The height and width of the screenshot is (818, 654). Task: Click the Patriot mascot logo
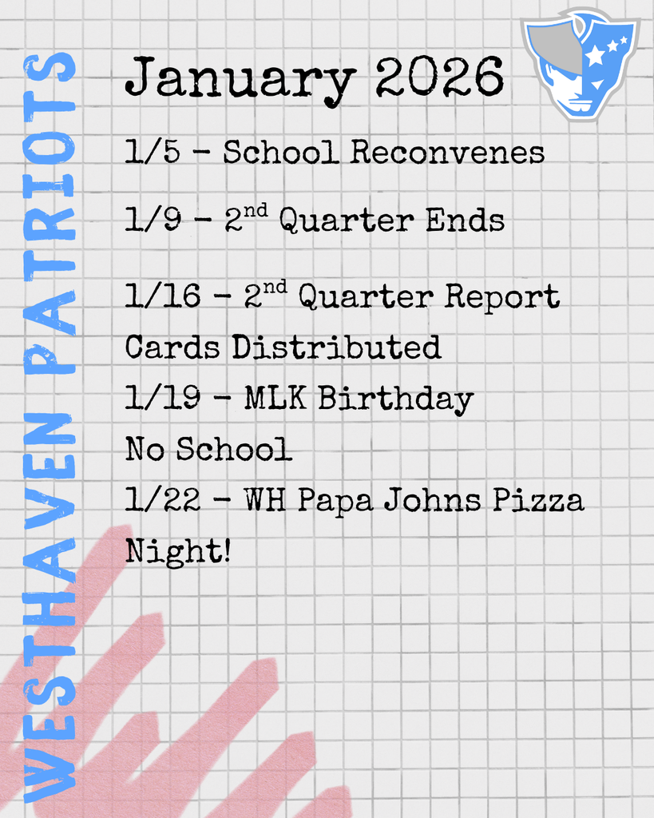click(x=581, y=64)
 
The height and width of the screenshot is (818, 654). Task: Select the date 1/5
click(x=148, y=152)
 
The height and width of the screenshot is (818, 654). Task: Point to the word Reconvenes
click(x=447, y=152)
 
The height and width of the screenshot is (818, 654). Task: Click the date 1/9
click(x=148, y=220)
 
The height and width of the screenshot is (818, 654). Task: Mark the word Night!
click(x=177, y=552)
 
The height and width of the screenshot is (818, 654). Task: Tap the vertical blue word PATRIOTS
click(x=50, y=212)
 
